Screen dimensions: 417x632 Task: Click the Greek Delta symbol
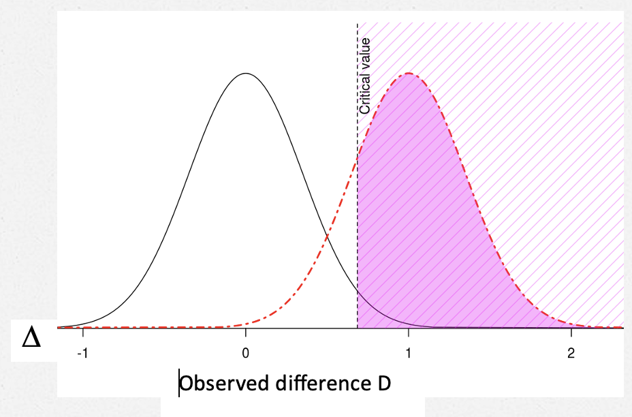tap(31, 339)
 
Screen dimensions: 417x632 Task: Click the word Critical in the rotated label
tap(365, 95)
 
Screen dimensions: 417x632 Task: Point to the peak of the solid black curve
tap(245, 73)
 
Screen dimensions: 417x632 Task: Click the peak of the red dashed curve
tap(408, 73)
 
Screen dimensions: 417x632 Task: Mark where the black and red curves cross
tap(328, 236)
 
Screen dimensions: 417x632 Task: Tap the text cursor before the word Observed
tap(179, 383)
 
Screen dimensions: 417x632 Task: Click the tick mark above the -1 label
tap(82, 332)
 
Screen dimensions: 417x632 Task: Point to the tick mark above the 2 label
tap(571, 332)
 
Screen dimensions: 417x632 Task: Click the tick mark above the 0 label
tap(245, 332)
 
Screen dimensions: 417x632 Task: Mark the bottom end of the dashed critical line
tap(358, 327)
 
